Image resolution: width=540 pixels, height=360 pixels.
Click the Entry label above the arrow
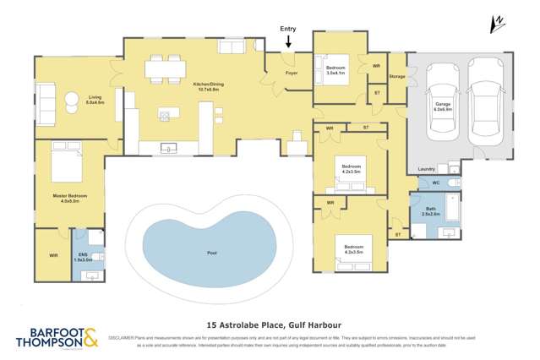288,29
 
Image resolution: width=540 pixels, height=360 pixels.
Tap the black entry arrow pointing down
288,41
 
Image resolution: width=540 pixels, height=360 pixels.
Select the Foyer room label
291,73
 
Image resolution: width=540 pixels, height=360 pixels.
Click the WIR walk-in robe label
53,254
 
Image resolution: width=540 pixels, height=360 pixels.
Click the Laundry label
426,169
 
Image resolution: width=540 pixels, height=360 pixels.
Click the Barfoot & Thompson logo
57,337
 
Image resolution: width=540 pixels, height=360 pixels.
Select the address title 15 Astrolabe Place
270,322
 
